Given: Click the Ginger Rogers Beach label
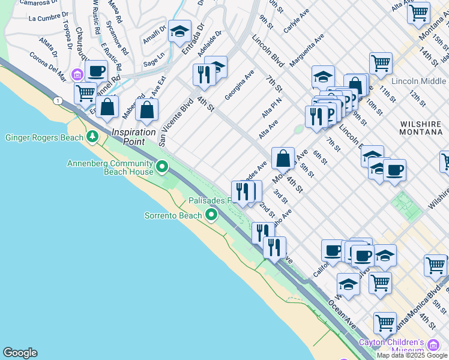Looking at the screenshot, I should [x=44, y=138].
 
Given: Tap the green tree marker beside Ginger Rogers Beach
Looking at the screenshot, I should [x=92, y=137].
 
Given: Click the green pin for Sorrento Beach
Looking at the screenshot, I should [x=211, y=215].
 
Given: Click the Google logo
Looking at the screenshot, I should [x=20, y=353].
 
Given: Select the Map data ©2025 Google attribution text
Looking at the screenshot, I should [x=412, y=355].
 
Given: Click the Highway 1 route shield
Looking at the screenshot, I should [x=58, y=100].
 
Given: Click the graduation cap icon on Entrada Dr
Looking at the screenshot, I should [x=179, y=32].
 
